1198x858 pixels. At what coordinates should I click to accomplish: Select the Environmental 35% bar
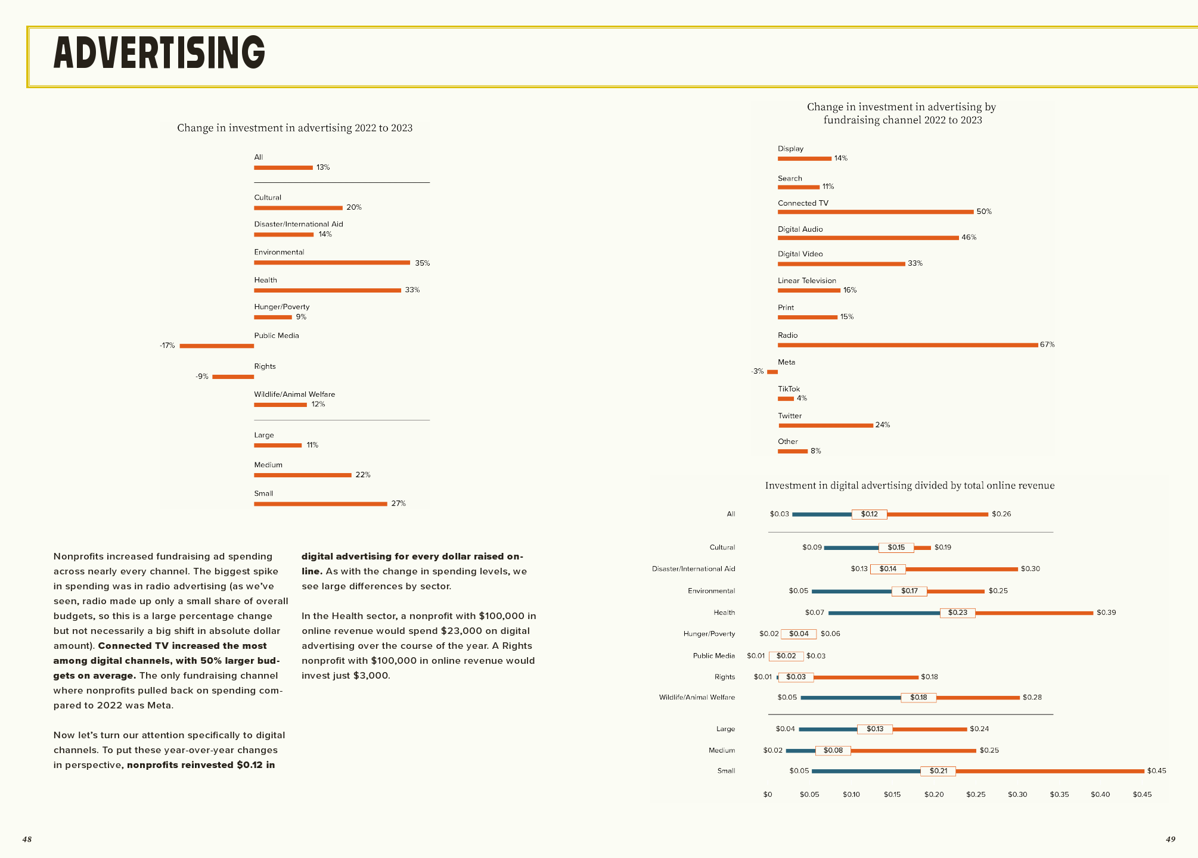[332, 262]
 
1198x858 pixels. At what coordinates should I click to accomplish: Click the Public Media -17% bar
[216, 346]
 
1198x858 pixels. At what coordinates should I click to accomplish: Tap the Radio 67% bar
[907, 345]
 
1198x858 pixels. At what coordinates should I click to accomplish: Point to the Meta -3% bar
[772, 372]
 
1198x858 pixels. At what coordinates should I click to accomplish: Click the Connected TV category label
[803, 203]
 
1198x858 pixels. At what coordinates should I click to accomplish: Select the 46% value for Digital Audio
[969, 237]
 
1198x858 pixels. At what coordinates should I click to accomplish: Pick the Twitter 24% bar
[825, 425]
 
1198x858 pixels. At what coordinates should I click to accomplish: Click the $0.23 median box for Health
[957, 613]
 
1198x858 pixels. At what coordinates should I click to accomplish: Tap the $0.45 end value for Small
[1156, 770]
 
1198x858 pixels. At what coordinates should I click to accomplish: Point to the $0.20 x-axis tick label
[934, 794]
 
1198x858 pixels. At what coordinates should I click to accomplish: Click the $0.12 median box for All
[869, 514]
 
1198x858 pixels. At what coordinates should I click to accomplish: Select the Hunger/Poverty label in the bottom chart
[709, 633]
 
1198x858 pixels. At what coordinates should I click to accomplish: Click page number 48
[27, 839]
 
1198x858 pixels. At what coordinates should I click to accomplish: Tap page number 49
[1170, 839]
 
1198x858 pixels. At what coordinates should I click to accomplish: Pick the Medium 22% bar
[302, 475]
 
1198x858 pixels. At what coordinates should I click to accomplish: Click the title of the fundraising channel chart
[902, 113]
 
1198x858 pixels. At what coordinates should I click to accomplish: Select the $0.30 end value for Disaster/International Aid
[1030, 568]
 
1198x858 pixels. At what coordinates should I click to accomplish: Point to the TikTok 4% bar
[786, 399]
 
